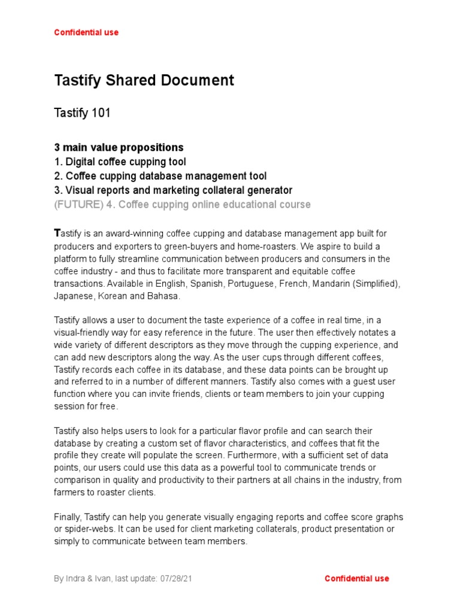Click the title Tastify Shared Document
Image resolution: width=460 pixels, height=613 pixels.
click(x=144, y=80)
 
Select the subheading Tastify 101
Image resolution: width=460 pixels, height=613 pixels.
click(x=82, y=113)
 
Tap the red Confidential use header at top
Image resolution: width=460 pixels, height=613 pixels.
click(x=86, y=32)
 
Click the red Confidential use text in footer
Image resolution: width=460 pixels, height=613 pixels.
click(x=356, y=578)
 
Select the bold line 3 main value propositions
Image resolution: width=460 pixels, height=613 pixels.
click(x=119, y=147)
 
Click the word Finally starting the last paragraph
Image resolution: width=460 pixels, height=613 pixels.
click(x=68, y=517)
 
